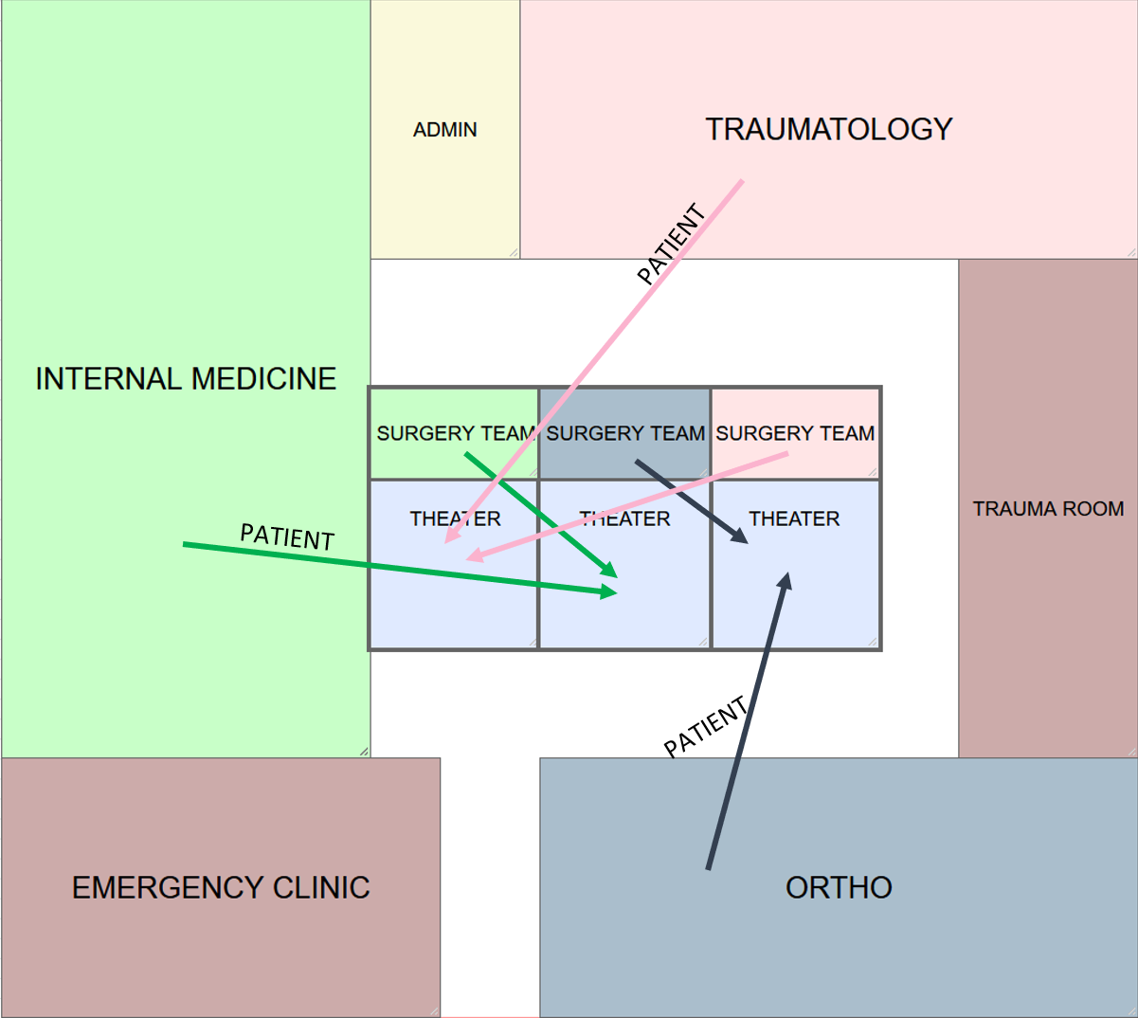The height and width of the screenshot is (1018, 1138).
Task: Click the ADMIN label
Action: click(444, 130)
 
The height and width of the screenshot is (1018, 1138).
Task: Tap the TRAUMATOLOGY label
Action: click(828, 129)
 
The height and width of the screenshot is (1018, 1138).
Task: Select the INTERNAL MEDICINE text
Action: click(186, 379)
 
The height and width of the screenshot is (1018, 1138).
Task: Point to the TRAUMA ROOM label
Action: click(1048, 509)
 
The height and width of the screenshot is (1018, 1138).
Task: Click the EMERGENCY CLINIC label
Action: click(221, 887)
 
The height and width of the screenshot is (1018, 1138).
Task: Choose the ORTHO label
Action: click(839, 887)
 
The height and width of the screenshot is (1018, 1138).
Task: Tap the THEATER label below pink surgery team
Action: click(794, 518)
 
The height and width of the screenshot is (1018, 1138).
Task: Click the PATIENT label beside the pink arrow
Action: click(671, 244)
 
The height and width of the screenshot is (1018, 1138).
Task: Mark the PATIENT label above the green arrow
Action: click(287, 536)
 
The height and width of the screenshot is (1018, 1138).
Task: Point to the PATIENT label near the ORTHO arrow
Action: click(705, 727)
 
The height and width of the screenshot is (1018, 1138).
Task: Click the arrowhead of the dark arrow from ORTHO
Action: click(786, 577)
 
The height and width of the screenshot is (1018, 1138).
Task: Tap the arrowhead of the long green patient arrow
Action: click(610, 592)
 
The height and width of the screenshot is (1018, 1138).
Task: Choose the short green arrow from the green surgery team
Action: click(540, 515)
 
